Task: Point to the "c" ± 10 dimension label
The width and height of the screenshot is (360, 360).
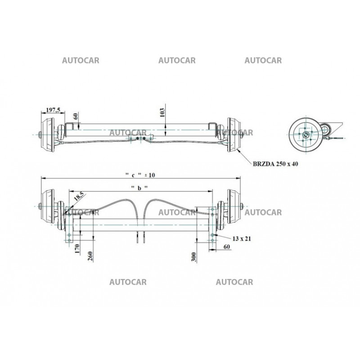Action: (x=139, y=174)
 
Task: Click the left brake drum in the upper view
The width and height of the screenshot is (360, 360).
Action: (x=47, y=134)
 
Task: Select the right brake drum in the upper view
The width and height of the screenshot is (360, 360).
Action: (x=234, y=134)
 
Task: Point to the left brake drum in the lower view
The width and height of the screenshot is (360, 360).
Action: (x=47, y=207)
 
